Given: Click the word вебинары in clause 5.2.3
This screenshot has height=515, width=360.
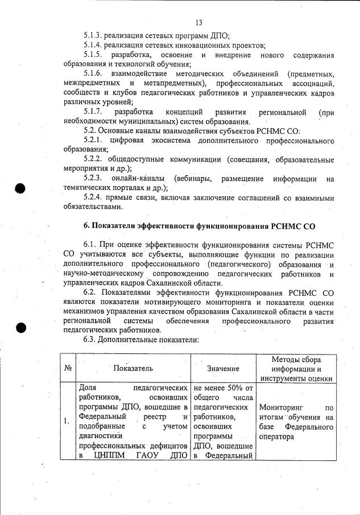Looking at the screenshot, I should tap(193, 179).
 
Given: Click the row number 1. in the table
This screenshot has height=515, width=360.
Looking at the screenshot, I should tap(67, 421).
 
